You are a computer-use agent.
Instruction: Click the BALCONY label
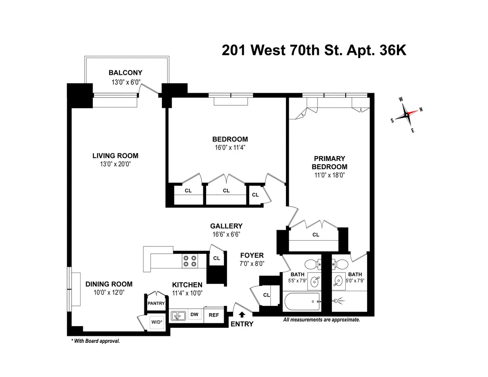coord(125,73)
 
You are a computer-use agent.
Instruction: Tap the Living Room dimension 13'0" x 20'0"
coord(115,164)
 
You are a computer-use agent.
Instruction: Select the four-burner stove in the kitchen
coord(190,260)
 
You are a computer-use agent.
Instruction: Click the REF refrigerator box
coord(214,315)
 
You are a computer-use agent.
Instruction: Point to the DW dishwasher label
coord(194,314)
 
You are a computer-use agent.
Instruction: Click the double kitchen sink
coord(178,315)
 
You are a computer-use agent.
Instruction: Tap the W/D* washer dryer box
coord(156,323)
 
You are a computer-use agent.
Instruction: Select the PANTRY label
coord(156,303)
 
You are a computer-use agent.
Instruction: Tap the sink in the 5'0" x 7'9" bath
coord(338,280)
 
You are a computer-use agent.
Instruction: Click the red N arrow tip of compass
coord(416,111)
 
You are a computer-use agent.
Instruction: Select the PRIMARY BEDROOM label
coord(329,163)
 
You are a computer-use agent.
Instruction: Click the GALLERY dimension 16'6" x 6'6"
coord(226,234)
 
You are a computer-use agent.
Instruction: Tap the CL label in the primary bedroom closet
coord(316,235)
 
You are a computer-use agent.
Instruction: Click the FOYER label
coord(252,255)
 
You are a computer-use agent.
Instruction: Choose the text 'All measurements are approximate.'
coord(321,320)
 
